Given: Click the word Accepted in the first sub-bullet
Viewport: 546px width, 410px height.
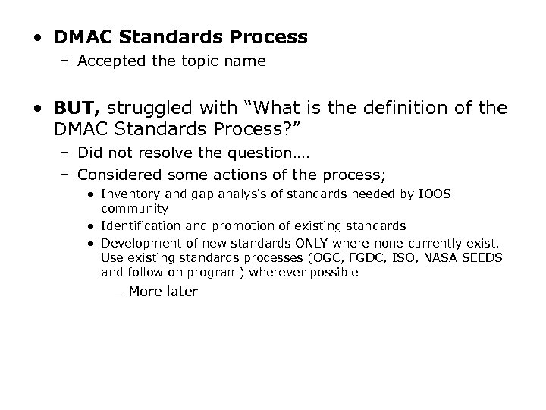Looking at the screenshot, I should click(x=108, y=61).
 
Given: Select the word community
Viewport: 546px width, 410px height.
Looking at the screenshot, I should click(x=133, y=207).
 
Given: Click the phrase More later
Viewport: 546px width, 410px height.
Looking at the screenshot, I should click(x=163, y=292).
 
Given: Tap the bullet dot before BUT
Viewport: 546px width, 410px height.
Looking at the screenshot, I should click(x=37, y=109).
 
